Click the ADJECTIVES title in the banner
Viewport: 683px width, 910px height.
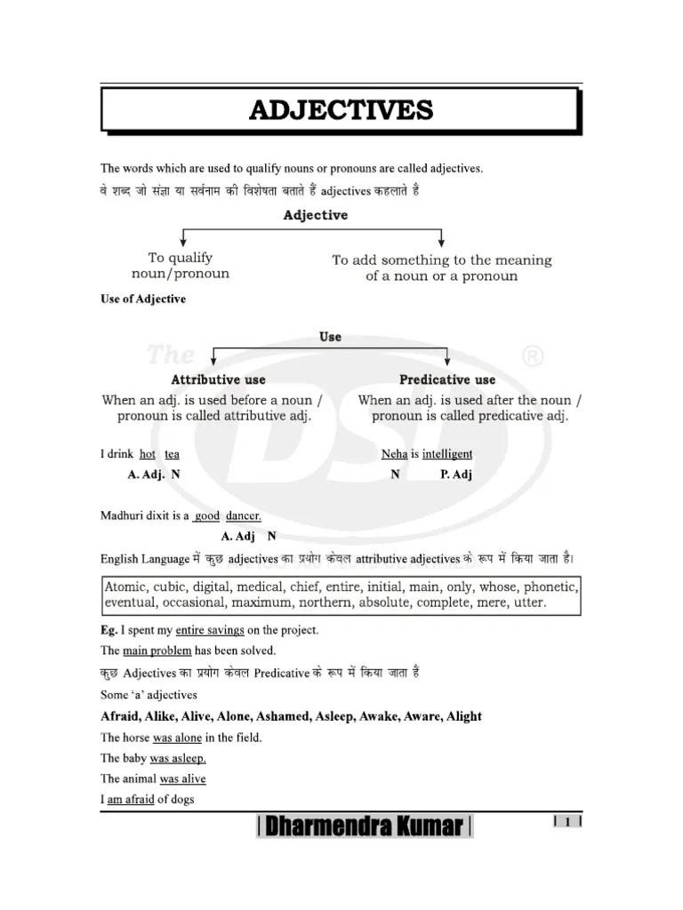click(341, 110)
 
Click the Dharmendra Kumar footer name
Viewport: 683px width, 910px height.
click(365, 827)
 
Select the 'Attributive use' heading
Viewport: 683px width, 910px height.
click(218, 379)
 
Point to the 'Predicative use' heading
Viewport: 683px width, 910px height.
click(447, 379)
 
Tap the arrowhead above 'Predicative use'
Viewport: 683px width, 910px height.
click(447, 363)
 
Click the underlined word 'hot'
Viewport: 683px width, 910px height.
click(148, 454)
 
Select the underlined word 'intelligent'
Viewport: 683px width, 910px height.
click(447, 454)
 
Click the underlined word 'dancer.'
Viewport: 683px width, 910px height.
click(243, 515)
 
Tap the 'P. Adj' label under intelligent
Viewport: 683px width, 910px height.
click(456, 475)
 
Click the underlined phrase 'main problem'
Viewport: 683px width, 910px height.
click(160, 651)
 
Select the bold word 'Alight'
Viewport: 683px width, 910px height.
click(460, 716)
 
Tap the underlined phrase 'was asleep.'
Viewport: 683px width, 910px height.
click(178, 758)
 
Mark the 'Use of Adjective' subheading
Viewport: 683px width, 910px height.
click(143, 299)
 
